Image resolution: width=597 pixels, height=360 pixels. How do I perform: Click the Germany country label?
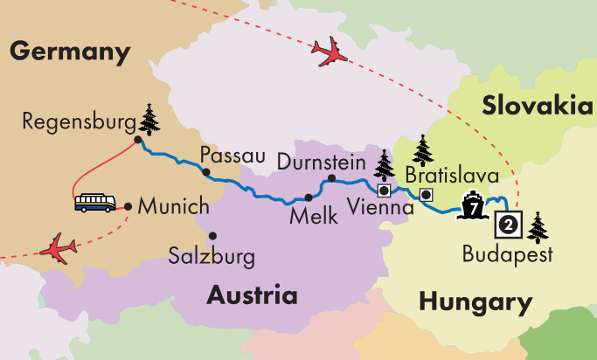pyautogui.click(x=70, y=52)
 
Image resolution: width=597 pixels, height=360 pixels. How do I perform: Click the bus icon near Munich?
pyautogui.click(x=94, y=204)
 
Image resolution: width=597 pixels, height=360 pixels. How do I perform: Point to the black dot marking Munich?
pyautogui.click(x=128, y=206)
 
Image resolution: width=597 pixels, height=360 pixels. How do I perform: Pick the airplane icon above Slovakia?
pyautogui.click(x=329, y=54)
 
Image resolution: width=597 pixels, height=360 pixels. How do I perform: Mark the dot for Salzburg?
pyautogui.click(x=213, y=235)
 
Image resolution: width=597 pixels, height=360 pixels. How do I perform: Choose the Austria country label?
pyautogui.click(x=250, y=294)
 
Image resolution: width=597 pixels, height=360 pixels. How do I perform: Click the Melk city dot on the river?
pyautogui.click(x=308, y=197)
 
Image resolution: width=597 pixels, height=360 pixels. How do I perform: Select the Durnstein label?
pyautogui.click(x=322, y=161)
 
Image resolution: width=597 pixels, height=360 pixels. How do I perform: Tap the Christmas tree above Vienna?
pyautogui.click(x=384, y=163)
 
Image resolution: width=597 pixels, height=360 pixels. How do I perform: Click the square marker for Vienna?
pyautogui.click(x=383, y=189)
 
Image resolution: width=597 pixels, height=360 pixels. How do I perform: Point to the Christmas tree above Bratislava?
pyautogui.click(x=423, y=150)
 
